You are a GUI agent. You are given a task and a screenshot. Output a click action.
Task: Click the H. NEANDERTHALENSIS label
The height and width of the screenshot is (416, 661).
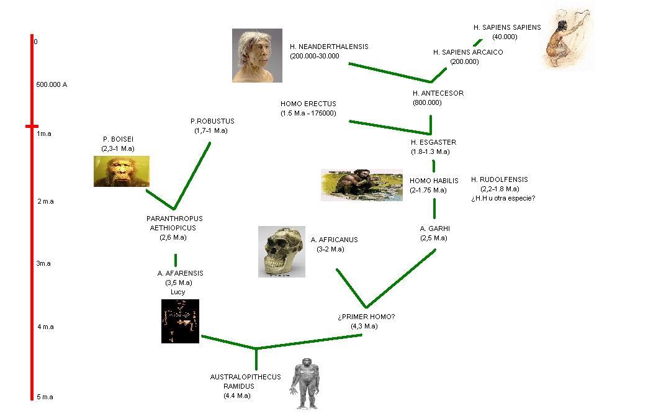point(328,47)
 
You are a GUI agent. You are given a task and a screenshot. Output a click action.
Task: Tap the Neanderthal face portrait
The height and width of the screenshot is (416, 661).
point(257,55)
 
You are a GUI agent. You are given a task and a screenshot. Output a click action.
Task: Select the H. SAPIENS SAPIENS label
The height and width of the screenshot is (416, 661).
point(506,27)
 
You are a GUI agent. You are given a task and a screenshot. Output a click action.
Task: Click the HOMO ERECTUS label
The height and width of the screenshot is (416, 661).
point(308,104)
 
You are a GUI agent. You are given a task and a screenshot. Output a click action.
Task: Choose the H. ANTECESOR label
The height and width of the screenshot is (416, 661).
point(438,93)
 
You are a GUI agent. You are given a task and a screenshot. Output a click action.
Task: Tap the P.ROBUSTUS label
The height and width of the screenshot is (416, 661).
point(212,121)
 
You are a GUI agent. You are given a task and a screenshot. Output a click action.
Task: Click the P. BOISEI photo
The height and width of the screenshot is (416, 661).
point(122,171)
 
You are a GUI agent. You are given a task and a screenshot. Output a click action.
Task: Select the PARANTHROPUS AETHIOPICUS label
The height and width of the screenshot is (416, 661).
point(174,223)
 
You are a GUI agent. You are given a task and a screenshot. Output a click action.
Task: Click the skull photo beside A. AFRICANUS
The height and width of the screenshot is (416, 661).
point(282,251)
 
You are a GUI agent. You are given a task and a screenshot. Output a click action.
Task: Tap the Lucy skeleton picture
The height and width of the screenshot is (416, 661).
point(180,321)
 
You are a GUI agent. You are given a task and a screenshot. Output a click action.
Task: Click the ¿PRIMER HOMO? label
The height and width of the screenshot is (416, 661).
point(366,317)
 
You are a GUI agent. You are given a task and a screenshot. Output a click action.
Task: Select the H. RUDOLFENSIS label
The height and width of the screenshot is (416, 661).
point(499,179)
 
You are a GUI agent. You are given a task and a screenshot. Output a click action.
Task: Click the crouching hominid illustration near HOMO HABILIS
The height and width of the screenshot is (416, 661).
point(361,185)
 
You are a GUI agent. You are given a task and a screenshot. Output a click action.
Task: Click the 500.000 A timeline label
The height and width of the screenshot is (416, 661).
point(51,84)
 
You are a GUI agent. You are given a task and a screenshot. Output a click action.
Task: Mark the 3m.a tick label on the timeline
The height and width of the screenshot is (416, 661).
point(43,263)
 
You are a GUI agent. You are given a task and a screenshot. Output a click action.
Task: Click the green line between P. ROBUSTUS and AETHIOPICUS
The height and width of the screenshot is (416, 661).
point(192,174)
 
